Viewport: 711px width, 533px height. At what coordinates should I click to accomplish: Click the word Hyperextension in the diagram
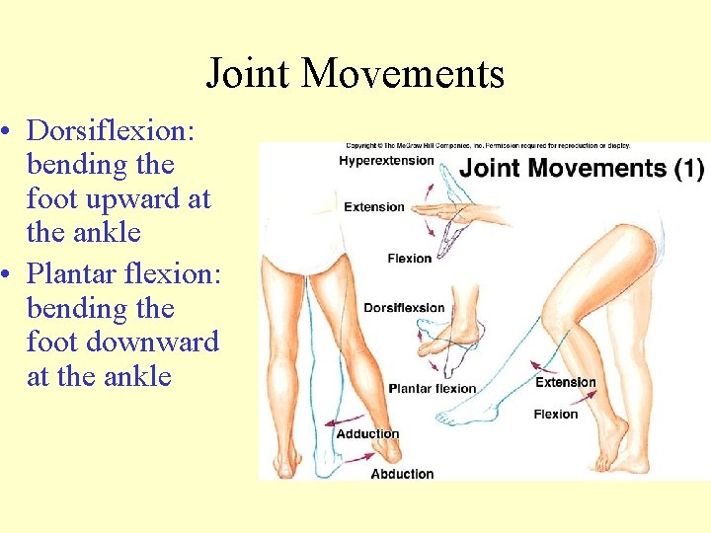point(387,161)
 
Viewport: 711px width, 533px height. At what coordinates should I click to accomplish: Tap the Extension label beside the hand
point(374,207)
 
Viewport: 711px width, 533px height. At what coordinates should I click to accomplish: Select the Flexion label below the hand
point(409,259)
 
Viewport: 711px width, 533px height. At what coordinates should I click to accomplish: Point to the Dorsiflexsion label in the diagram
point(404,308)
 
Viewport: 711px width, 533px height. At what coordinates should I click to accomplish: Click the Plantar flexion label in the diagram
point(433,388)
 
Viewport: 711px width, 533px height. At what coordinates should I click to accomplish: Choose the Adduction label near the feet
point(367,434)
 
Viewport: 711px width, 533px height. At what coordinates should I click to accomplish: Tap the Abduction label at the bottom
point(402,474)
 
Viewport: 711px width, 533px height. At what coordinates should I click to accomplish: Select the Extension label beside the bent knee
point(565,382)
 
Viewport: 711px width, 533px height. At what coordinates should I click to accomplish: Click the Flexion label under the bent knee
point(555,415)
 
